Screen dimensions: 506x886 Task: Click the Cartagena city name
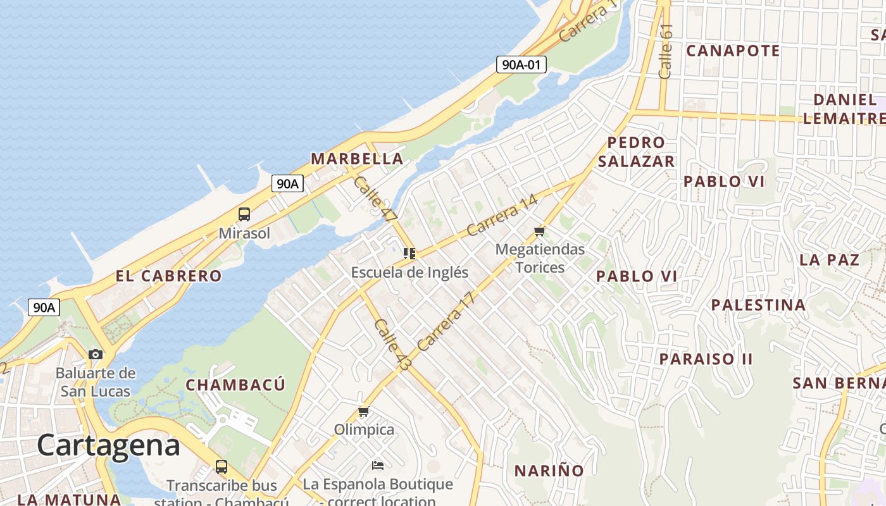pyautogui.click(x=108, y=445)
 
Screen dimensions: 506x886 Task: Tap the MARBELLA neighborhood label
pyautogui.click(x=357, y=159)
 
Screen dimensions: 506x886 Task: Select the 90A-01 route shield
pyautogui.click(x=521, y=64)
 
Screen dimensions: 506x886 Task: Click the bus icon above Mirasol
pyautogui.click(x=244, y=214)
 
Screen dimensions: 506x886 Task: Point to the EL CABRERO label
pyautogui.click(x=168, y=276)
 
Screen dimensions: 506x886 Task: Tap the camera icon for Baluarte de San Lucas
pyautogui.click(x=96, y=354)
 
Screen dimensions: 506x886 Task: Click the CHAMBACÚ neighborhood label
pyautogui.click(x=235, y=385)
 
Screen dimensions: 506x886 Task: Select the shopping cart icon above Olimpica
pyautogui.click(x=364, y=412)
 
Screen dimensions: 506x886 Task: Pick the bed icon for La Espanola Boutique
pyautogui.click(x=378, y=466)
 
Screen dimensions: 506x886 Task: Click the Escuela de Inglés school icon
pyautogui.click(x=409, y=254)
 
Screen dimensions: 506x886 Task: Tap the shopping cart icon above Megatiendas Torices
pyautogui.click(x=540, y=231)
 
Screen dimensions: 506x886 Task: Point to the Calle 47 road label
pyautogui.click(x=375, y=199)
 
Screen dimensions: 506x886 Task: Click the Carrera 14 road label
pyautogui.click(x=502, y=215)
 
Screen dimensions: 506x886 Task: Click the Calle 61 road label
pyautogui.click(x=665, y=52)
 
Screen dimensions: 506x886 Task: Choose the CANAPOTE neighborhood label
pyautogui.click(x=733, y=51)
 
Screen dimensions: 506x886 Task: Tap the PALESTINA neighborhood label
pyautogui.click(x=758, y=305)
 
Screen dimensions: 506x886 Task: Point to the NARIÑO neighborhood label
pyautogui.click(x=549, y=471)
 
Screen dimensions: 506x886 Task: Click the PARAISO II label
pyautogui.click(x=706, y=359)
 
